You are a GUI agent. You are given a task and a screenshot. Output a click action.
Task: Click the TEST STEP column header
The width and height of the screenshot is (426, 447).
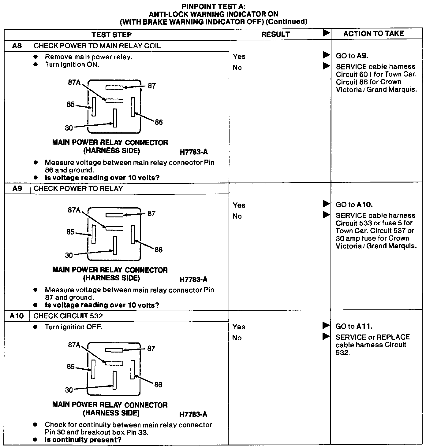pyautogui.click(x=111, y=35)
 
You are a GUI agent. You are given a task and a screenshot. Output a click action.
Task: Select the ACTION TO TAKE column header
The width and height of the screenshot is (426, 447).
pyautogui.click(x=373, y=34)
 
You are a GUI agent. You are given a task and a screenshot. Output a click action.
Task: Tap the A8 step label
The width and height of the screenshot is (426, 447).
pyautogui.click(x=17, y=46)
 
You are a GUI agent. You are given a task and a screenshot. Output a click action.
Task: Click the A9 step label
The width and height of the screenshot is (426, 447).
pyautogui.click(x=17, y=188)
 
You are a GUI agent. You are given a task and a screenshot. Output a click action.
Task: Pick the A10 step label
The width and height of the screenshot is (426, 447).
pyautogui.click(x=17, y=316)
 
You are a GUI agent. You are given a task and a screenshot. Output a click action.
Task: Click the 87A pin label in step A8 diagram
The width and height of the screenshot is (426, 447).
pyautogui.click(x=74, y=82)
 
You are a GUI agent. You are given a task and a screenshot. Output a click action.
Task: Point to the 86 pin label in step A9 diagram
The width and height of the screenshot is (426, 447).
pyautogui.click(x=159, y=250)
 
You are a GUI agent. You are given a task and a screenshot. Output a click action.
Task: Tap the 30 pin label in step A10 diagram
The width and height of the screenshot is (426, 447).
pyautogui.click(x=69, y=390)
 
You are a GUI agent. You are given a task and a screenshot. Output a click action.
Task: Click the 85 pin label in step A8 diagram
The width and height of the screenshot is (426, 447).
pyautogui.click(x=71, y=105)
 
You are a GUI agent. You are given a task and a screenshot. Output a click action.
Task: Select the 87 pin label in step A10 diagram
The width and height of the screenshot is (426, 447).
pyautogui.click(x=151, y=349)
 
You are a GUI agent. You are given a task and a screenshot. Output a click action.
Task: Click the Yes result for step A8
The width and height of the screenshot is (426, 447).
pyautogui.click(x=239, y=57)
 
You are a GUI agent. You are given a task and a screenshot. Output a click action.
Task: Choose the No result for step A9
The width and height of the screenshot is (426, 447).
pyautogui.click(x=237, y=216)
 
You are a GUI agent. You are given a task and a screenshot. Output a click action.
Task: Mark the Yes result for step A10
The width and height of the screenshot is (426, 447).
pyautogui.click(x=239, y=327)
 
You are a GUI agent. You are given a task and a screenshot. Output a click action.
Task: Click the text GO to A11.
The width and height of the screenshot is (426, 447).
pyautogui.click(x=354, y=326)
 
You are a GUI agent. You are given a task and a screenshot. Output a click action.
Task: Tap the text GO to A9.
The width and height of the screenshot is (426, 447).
pyautogui.click(x=352, y=56)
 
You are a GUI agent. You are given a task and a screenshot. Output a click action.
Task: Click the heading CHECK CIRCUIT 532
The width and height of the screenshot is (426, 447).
pyautogui.click(x=68, y=316)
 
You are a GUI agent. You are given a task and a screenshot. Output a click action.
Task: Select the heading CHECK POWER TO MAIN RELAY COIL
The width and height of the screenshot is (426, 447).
pyautogui.click(x=97, y=46)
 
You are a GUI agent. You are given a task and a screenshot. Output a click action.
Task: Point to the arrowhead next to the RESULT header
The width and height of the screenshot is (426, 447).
pyautogui.click(x=327, y=33)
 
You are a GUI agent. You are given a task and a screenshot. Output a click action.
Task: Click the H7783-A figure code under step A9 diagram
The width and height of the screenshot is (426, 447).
pyautogui.click(x=193, y=279)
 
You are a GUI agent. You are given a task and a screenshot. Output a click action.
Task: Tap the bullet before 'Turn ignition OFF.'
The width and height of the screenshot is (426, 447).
pyautogui.click(x=36, y=327)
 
